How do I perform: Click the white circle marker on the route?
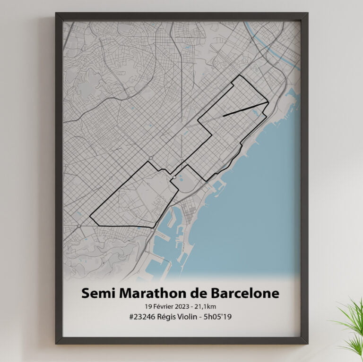[174, 177]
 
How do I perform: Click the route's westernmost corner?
[90, 217]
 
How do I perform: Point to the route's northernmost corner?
[240, 76]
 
